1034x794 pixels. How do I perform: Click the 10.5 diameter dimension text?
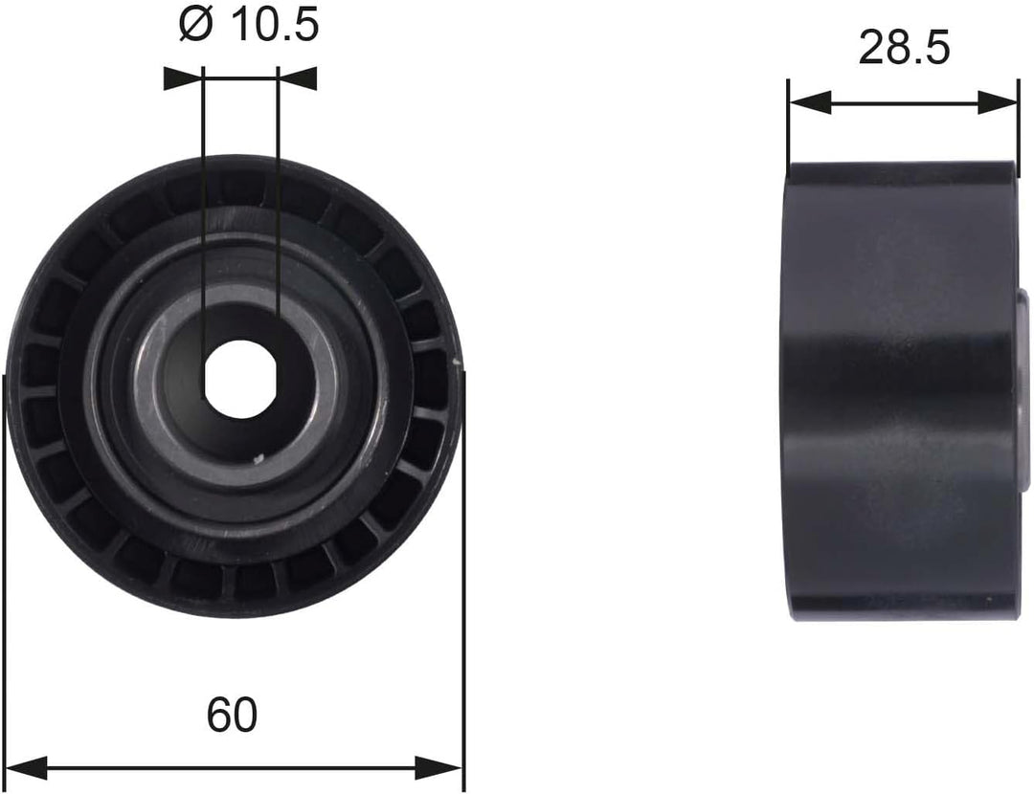[273, 27]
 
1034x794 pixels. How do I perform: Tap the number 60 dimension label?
[233, 715]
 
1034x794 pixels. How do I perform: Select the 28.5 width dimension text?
[903, 48]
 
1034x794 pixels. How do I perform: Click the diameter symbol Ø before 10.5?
[194, 27]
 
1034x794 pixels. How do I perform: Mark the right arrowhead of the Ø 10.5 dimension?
[297, 78]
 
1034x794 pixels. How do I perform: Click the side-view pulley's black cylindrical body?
[900, 392]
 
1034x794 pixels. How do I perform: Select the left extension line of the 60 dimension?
[6, 574]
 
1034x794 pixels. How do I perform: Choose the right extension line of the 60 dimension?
[463, 574]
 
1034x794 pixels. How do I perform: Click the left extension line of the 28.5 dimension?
[787, 124]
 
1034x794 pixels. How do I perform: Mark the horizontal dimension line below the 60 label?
[233, 766]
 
